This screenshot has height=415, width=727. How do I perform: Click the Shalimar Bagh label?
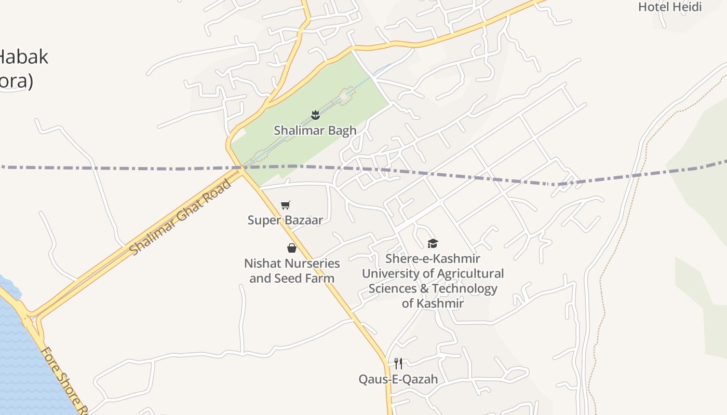tap(315, 130)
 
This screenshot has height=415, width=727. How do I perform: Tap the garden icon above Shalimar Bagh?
tap(315, 115)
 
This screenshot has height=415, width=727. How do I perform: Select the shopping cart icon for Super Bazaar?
tap(285, 205)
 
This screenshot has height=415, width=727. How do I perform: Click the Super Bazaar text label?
tap(285, 220)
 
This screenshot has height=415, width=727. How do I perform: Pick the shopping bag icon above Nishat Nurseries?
tap(292, 248)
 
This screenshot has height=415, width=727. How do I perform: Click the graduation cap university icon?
tap(433, 243)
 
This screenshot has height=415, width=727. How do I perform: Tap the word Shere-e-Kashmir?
tap(433, 258)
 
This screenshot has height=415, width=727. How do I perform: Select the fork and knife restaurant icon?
tap(398, 363)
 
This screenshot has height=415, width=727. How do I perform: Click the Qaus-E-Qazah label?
tap(398, 379)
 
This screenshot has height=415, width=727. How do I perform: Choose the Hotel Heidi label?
tap(670, 7)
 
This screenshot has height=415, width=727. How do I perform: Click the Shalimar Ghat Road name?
tap(180, 217)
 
